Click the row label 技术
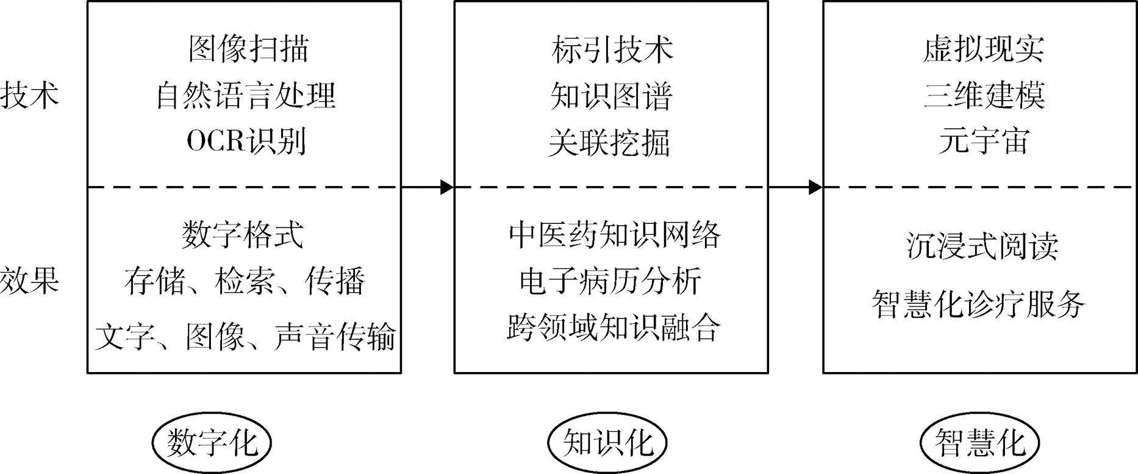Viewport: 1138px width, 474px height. pyautogui.click(x=29, y=96)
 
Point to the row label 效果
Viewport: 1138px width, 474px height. pyautogui.click(x=29, y=281)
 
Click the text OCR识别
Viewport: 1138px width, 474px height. pyautogui.click(x=246, y=142)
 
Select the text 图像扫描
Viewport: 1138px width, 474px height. pyautogui.click(x=248, y=49)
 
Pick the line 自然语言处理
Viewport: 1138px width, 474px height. pyautogui.click(x=246, y=96)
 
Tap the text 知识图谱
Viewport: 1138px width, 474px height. pyautogui.click(x=611, y=96)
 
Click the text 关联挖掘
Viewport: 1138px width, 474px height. pyautogui.click(x=609, y=143)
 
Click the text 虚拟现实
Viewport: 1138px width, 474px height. pyautogui.click(x=984, y=49)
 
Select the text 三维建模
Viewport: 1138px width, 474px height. pyautogui.click(x=984, y=96)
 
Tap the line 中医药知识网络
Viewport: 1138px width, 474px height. pyautogui.click(x=614, y=234)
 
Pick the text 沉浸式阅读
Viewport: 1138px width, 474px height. pyautogui.click(x=982, y=246)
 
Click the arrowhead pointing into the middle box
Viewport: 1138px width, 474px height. pyautogui.click(x=447, y=187)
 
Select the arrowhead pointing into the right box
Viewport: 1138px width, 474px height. pyautogui.click(x=815, y=187)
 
